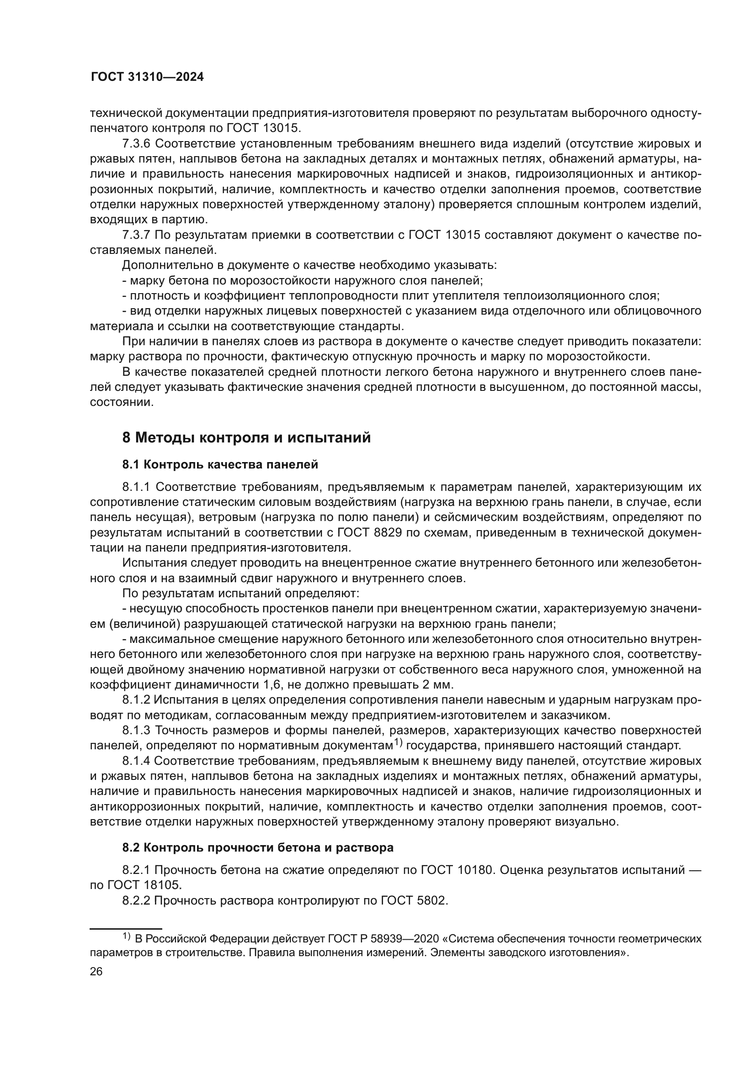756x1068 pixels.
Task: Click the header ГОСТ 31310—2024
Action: click(x=147, y=77)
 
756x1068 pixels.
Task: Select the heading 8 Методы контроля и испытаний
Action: click(x=246, y=438)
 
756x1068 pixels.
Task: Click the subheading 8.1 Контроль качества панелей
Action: click(x=220, y=464)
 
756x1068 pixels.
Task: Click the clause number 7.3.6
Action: click(x=136, y=144)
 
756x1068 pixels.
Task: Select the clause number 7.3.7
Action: click(x=136, y=235)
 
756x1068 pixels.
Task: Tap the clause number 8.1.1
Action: click(x=136, y=487)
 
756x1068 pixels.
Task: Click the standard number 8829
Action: click(x=386, y=532)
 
